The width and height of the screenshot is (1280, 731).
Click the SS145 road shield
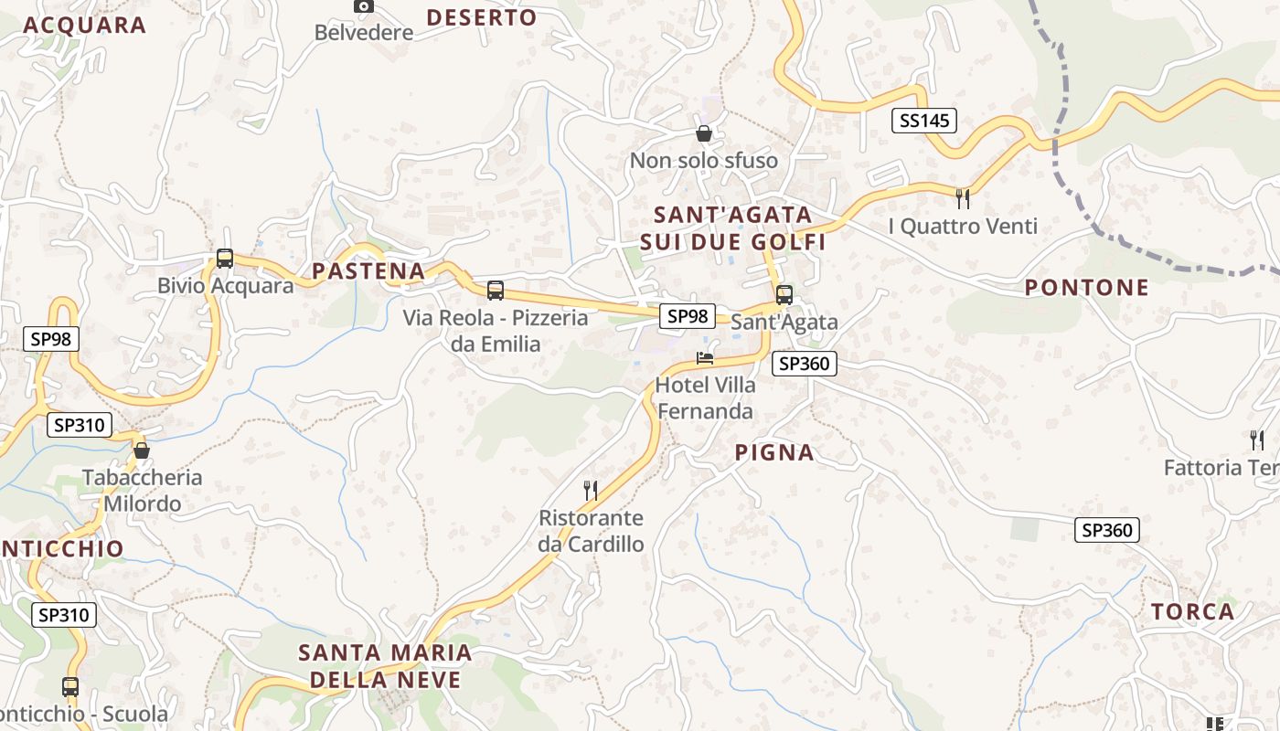click(923, 120)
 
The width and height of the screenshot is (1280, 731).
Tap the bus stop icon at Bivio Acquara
click(225, 259)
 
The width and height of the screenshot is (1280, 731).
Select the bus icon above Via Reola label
click(496, 291)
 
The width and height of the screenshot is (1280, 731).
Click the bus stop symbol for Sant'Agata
click(784, 295)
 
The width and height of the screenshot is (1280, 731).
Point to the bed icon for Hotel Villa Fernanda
click(705, 357)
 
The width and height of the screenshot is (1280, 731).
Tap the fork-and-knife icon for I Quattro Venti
click(962, 198)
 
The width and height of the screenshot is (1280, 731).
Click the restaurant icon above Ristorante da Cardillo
click(591, 491)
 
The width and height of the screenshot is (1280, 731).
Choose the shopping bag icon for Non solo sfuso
click(704, 133)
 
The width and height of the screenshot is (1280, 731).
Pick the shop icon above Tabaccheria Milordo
click(142, 450)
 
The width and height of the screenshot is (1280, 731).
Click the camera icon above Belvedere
click(363, 6)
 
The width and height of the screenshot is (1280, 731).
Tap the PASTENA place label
click(368, 270)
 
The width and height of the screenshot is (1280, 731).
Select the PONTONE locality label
click(1086, 288)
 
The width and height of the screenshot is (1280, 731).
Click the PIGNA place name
click(774, 452)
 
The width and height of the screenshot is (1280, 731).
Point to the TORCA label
click(1192, 611)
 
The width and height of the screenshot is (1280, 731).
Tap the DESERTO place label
click(482, 17)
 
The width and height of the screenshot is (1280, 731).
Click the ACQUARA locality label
click(84, 25)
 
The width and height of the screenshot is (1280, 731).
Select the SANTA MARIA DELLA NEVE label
click(385, 665)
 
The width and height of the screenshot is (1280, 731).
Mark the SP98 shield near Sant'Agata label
click(688, 316)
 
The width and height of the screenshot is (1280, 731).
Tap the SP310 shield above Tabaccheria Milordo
click(80, 425)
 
